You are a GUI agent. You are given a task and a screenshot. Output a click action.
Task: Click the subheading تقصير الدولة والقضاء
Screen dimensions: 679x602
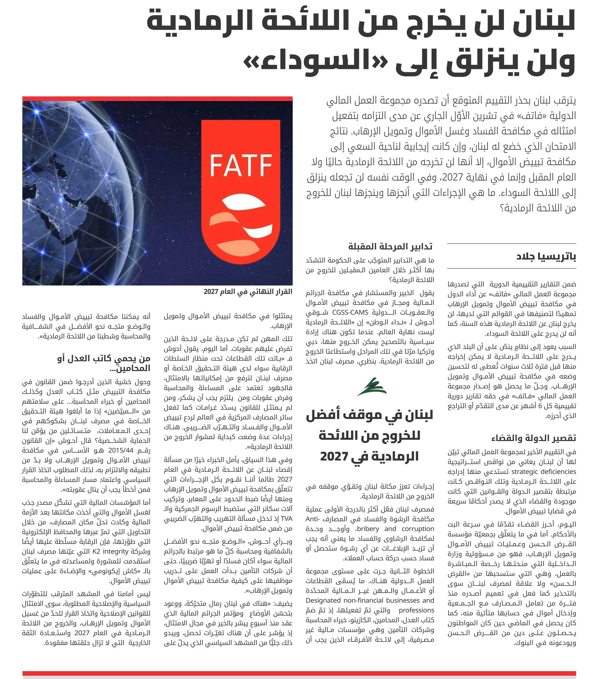click(x=533, y=438)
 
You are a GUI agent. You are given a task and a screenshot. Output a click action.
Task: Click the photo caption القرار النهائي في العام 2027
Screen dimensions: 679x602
click(x=248, y=291)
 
